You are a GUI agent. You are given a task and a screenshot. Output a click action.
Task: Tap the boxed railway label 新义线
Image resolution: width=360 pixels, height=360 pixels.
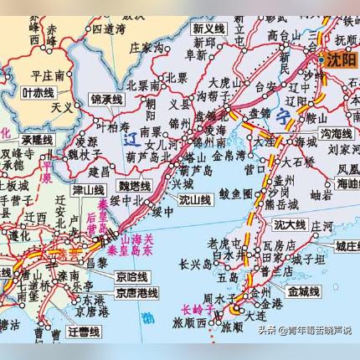(x=208, y=28)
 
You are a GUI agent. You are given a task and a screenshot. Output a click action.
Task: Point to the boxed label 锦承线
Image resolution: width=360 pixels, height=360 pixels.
(x=106, y=100)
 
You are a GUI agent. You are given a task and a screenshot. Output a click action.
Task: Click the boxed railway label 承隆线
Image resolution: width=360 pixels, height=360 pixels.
(x=37, y=140)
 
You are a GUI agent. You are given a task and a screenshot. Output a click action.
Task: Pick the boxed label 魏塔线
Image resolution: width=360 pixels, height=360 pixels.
(x=134, y=185)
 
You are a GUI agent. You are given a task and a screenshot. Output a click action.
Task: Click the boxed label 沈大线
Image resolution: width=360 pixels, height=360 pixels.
(x=291, y=224)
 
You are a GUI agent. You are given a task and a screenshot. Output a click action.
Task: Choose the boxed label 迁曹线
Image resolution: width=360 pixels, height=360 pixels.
(x=84, y=332)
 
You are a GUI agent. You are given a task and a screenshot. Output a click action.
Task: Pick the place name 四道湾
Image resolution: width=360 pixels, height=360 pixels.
(x=109, y=28)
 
